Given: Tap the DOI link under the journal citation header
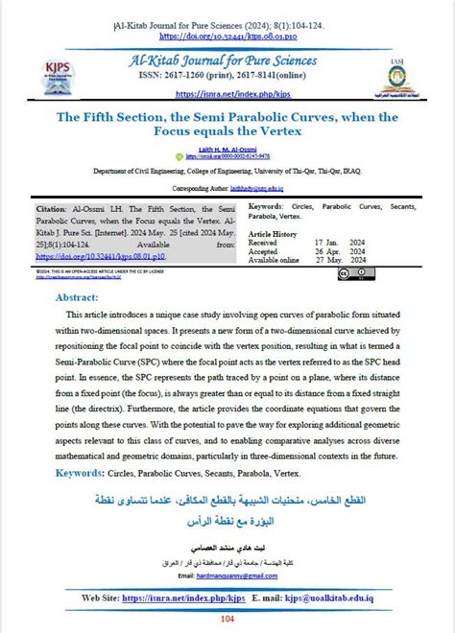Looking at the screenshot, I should coord(227,35).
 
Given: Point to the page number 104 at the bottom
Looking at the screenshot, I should coord(227,620).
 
